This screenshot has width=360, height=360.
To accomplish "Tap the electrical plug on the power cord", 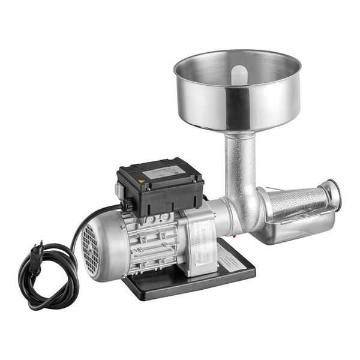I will [37, 247].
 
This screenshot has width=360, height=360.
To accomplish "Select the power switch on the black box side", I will [127, 202].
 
